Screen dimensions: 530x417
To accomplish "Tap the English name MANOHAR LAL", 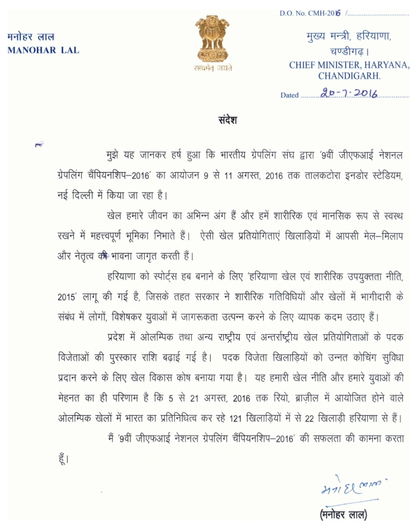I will click(x=44, y=50).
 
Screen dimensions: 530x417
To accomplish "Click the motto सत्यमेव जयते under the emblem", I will click(x=213, y=68).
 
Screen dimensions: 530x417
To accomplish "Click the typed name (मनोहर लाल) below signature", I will click(x=342, y=515).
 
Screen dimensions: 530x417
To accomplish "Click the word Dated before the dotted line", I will click(x=289, y=95).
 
